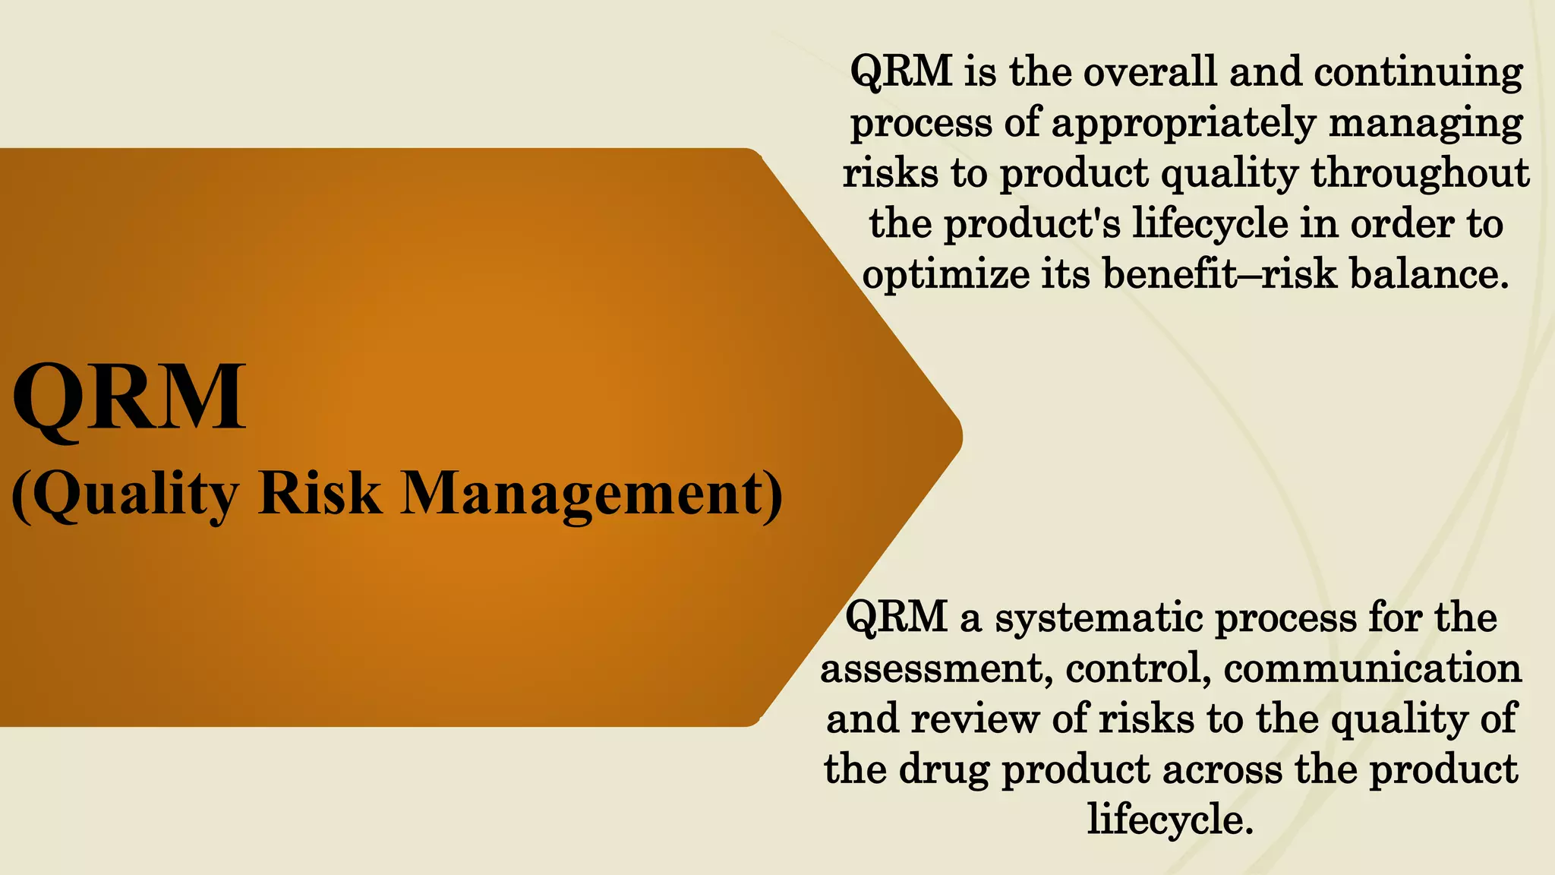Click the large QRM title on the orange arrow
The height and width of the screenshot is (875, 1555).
129,397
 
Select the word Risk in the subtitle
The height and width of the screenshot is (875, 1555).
319,494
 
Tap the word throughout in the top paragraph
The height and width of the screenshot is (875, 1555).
1419,173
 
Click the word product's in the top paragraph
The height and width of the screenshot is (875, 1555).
1033,224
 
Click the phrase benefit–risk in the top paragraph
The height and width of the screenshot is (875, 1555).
1219,273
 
